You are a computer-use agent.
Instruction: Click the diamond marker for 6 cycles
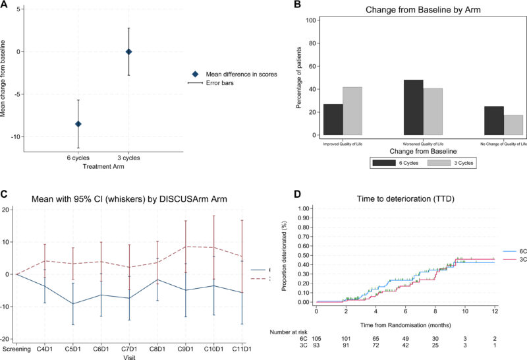click(78, 124)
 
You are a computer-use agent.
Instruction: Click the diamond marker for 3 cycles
click(129, 51)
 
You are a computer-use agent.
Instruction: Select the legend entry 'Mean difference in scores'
click(236, 75)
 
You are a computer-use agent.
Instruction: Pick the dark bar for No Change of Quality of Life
click(493, 121)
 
